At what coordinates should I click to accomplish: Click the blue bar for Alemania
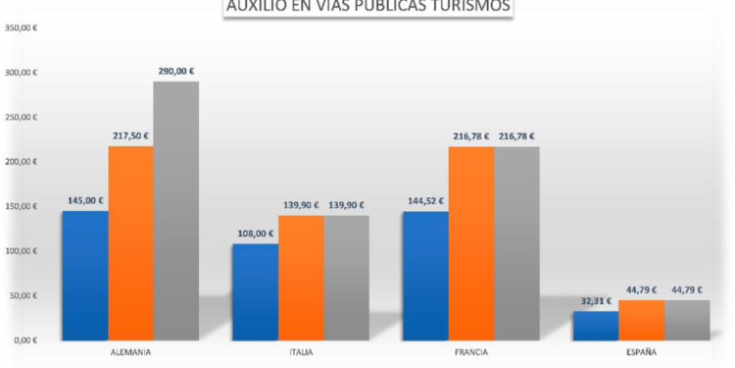point(85,275)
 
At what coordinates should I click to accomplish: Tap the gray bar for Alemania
point(176,210)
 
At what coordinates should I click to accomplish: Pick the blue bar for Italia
point(255,291)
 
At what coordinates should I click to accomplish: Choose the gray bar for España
point(687,320)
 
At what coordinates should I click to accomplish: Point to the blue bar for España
point(596,325)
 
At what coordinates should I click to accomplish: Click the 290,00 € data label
point(176,71)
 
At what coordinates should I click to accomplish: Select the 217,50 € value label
point(131,135)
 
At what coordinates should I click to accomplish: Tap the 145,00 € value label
point(85,200)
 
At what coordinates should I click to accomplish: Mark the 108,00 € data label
point(255,234)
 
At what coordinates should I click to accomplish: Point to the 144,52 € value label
point(425,200)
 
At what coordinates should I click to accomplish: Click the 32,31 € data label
point(596,301)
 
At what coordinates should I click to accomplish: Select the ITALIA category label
point(301,351)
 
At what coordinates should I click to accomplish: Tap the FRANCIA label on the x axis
point(471,351)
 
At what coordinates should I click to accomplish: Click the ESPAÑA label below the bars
point(641,351)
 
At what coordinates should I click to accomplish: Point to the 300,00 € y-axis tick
point(22,73)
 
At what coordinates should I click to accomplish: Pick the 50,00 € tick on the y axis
point(24,295)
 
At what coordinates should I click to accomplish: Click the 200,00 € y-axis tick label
point(22,162)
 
